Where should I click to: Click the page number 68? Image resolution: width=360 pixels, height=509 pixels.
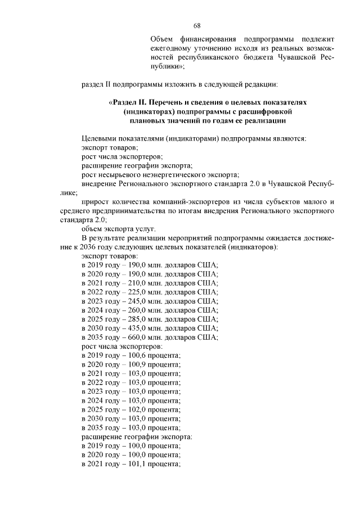click(x=197, y=26)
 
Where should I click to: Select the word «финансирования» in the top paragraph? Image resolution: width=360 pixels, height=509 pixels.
click(x=208, y=39)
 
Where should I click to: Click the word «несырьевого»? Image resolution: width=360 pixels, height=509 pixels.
click(x=117, y=174)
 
